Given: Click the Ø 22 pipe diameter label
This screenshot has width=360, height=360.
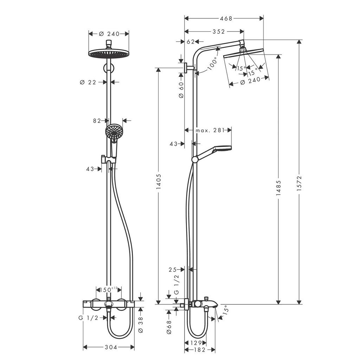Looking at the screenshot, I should pyautogui.click(x=88, y=82).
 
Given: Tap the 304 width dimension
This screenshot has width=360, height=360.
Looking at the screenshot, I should pyautogui.click(x=109, y=347).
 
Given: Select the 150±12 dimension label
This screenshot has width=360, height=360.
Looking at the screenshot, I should pyautogui.click(x=109, y=289).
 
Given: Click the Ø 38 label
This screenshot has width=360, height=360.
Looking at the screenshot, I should pyautogui.click(x=141, y=324).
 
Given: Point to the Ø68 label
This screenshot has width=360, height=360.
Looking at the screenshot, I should pyautogui.click(x=168, y=327).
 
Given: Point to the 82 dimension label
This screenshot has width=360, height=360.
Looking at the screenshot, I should pyautogui.click(x=97, y=121).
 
